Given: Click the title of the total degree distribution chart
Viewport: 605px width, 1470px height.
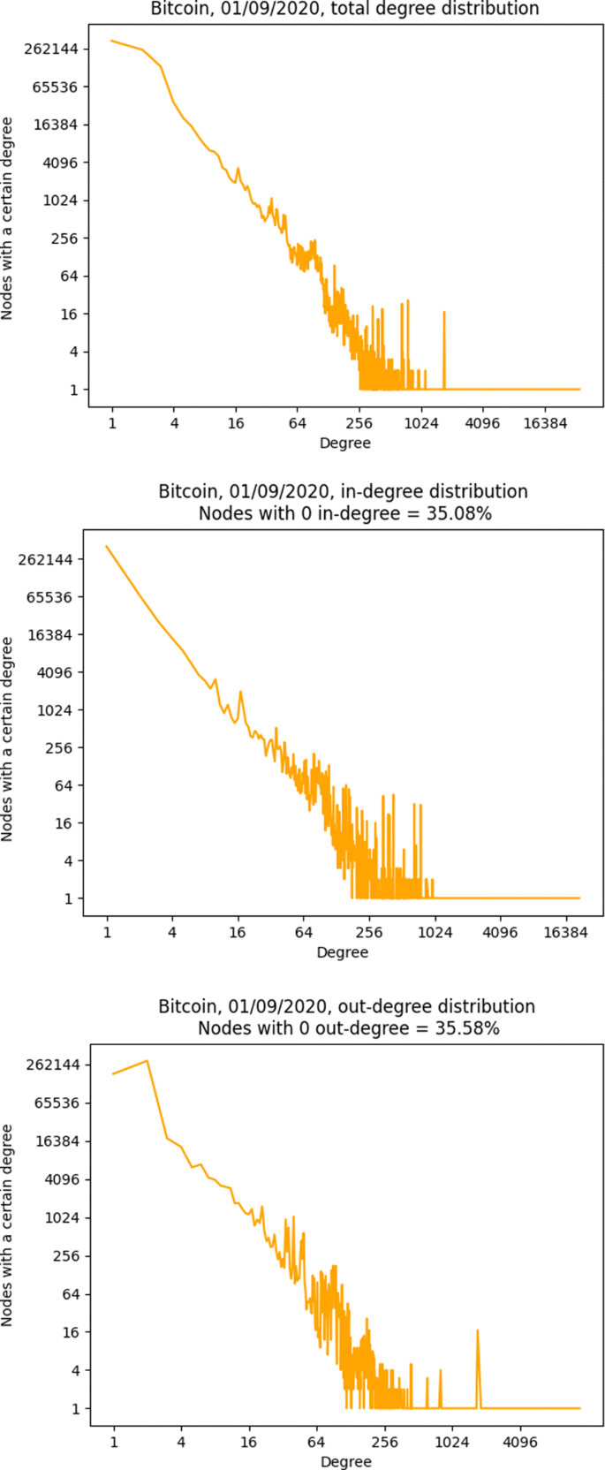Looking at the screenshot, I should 345,10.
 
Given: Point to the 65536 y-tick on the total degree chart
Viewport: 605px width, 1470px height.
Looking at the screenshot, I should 55,87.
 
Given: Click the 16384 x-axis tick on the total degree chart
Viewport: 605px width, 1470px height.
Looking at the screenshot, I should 545,423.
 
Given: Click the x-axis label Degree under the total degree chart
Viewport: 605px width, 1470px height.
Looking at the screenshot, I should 344,443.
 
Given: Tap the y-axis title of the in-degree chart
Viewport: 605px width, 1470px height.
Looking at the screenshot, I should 8,739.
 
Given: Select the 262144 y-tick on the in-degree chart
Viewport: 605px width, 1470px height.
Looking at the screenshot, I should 50,559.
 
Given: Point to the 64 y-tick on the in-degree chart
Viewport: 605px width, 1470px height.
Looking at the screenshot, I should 68,785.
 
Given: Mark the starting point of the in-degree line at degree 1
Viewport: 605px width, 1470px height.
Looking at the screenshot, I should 107,547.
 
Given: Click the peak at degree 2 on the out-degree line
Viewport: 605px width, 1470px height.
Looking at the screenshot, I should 147,1061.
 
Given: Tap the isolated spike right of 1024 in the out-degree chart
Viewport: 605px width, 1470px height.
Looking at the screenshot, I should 478,1331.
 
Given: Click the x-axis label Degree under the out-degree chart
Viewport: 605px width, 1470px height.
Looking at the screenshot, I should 345,1461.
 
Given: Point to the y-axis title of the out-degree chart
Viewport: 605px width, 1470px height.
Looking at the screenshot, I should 8,1224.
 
